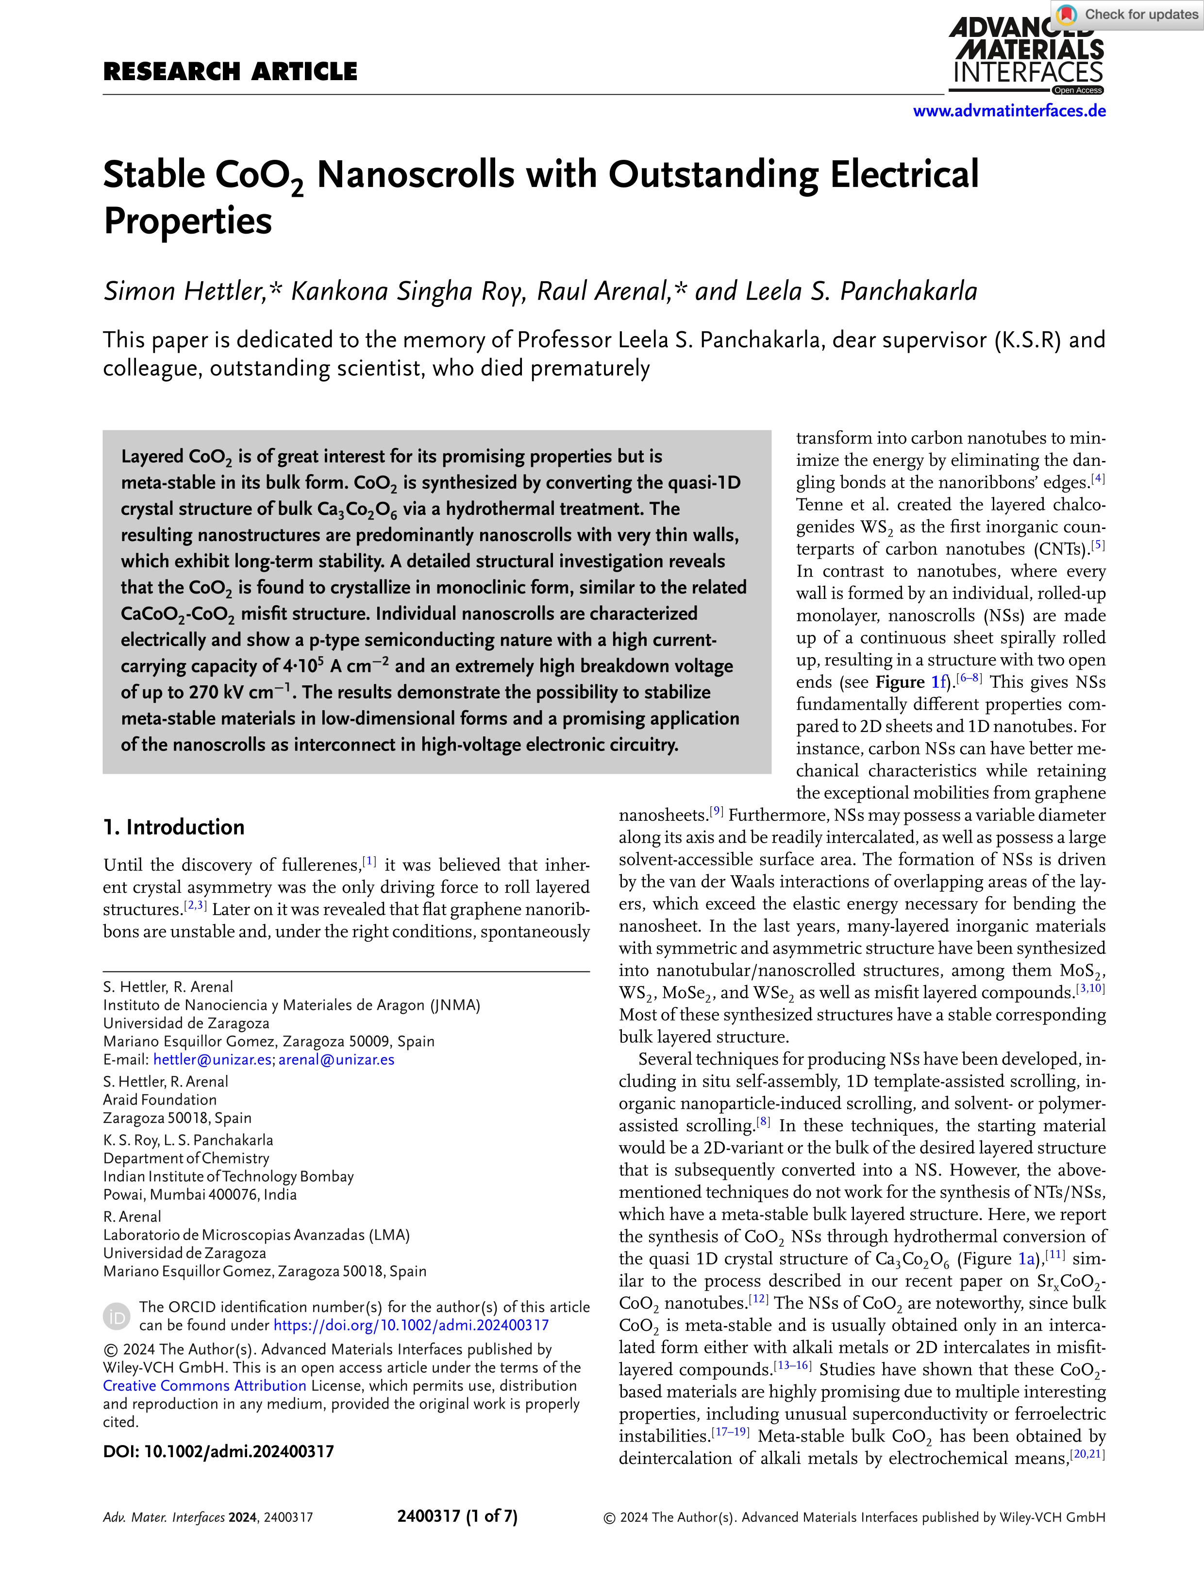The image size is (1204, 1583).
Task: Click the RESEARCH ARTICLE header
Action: click(x=230, y=72)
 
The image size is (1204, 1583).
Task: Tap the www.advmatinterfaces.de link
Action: click(x=1008, y=111)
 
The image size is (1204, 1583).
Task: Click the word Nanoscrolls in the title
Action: click(x=416, y=175)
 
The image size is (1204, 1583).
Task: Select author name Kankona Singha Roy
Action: click(x=408, y=291)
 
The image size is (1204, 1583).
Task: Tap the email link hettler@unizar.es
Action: click(x=212, y=1060)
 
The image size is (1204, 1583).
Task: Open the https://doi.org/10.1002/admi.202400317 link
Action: click(x=411, y=1325)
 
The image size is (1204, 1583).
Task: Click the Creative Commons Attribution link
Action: click(x=204, y=1386)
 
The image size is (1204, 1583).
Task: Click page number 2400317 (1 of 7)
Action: click(x=457, y=1516)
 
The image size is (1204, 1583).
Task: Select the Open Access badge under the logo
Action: click(x=1077, y=90)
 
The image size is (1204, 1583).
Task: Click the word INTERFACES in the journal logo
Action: click(x=1028, y=72)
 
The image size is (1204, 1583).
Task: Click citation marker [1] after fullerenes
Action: click(x=369, y=861)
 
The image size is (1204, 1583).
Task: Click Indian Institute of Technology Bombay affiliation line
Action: click(x=228, y=1176)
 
